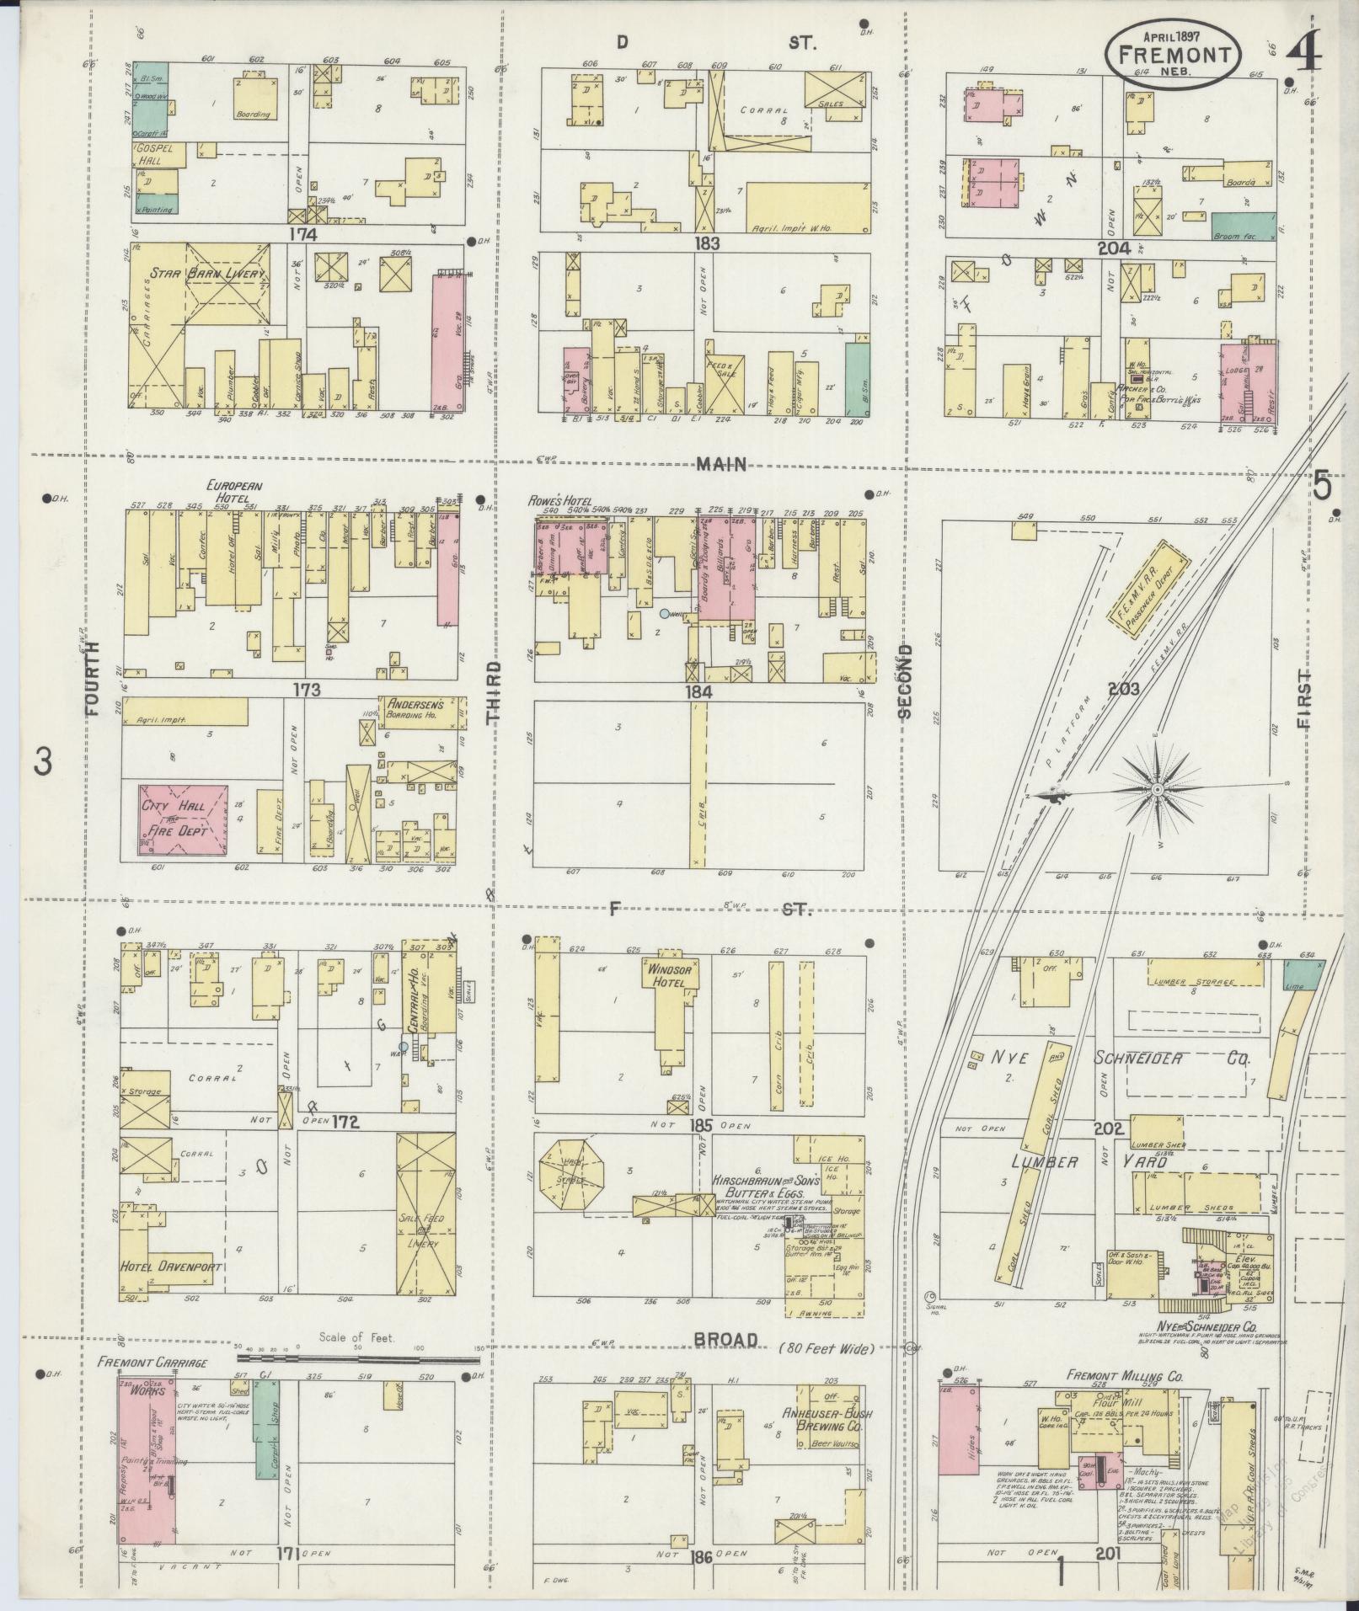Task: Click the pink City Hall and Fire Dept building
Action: point(184,820)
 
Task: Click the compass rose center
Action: point(1158,790)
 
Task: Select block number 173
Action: point(307,691)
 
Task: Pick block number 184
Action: point(699,691)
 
